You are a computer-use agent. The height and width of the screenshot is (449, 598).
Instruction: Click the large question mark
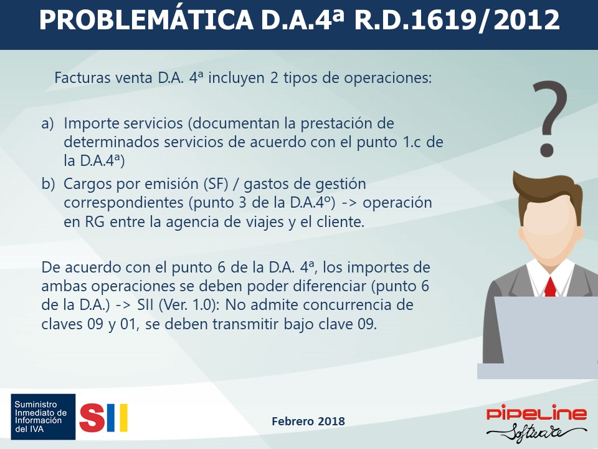[x=549, y=118]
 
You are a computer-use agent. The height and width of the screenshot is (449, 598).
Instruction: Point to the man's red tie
[x=550, y=287]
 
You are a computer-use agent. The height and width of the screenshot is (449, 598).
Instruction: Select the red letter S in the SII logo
[x=92, y=418]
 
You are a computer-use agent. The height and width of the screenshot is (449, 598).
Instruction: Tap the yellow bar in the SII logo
[x=123, y=418]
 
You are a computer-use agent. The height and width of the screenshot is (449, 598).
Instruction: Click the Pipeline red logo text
[x=536, y=413]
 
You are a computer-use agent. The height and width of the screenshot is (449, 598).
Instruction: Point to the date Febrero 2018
[x=308, y=421]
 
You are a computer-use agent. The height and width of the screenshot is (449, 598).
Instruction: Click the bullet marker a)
[x=48, y=123]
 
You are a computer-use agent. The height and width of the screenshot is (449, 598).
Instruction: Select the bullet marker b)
[x=48, y=184]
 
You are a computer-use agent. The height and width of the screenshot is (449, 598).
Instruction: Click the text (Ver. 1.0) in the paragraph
[x=190, y=305]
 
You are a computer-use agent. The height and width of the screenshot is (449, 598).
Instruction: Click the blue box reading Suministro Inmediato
[x=43, y=417]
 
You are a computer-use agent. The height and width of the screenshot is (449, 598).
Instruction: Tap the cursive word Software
[x=536, y=433]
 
